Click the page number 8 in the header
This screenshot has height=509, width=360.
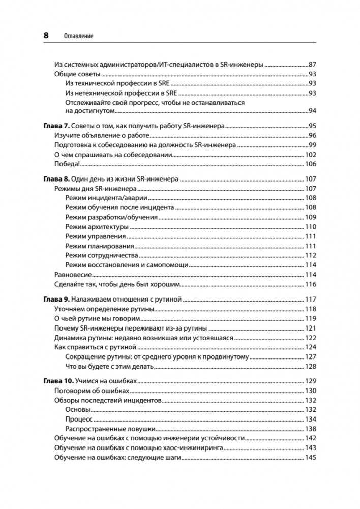coord(46,36)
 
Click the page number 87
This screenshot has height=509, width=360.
coord(313,65)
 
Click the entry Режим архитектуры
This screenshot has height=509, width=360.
coord(97,227)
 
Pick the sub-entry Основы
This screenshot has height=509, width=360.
coord(78,409)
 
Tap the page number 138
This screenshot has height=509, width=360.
coord(311,429)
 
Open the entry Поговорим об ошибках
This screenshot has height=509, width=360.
coord(92,391)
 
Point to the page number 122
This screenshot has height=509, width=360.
coord(311,338)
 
